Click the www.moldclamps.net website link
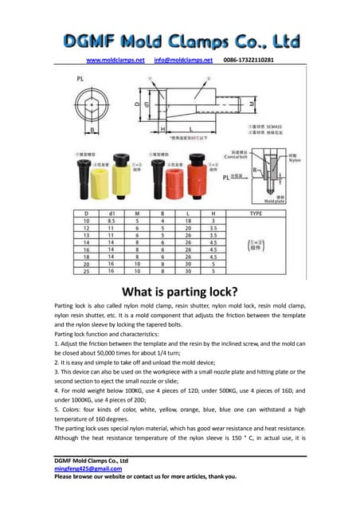pyautogui.click(x=115, y=60)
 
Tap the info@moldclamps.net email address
pyautogui.click(x=183, y=60)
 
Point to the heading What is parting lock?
pyautogui.click(x=179, y=290)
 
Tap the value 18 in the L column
pyautogui.click(x=187, y=220)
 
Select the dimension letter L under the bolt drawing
pyautogui.click(x=191, y=129)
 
